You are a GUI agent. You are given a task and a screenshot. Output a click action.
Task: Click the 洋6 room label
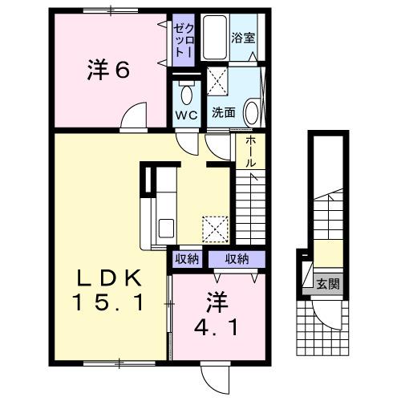[x=107, y=71]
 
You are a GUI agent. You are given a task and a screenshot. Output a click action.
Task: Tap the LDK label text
[x=111, y=278]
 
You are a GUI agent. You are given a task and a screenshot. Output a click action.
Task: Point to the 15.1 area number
[x=111, y=303]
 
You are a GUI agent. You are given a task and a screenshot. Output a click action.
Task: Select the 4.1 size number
[x=216, y=328]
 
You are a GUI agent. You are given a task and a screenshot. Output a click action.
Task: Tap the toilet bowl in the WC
[x=187, y=94]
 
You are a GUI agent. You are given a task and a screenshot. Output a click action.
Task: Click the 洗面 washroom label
[x=224, y=113]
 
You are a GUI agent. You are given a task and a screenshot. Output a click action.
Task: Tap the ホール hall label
[x=249, y=151]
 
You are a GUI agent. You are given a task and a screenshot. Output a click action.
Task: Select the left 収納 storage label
[x=187, y=259]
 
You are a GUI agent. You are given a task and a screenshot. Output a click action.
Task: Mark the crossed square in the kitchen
[x=215, y=229]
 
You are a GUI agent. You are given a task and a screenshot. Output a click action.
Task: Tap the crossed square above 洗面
[x=218, y=81]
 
